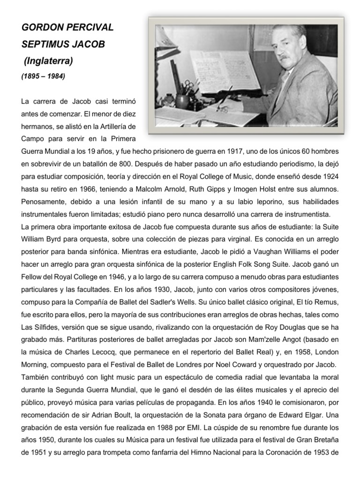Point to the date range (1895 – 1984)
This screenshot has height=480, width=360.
[44, 76]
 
